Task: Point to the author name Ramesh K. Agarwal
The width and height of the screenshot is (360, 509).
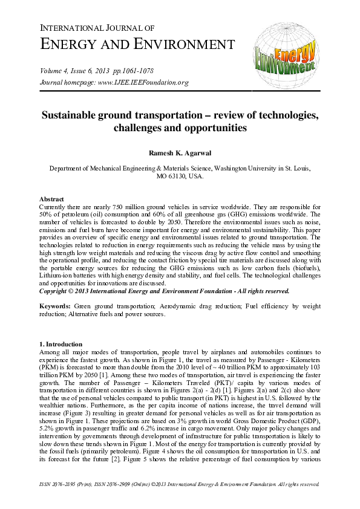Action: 180,153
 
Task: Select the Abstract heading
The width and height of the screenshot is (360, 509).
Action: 51,199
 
